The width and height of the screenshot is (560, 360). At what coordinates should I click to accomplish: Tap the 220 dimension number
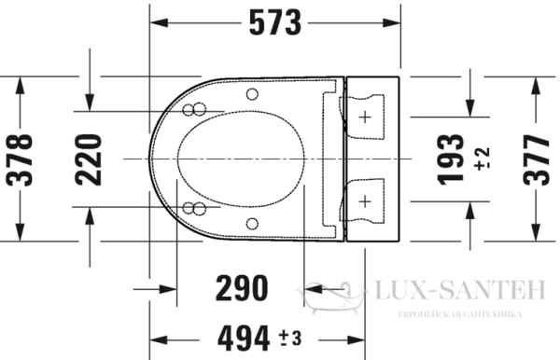[91, 159]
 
